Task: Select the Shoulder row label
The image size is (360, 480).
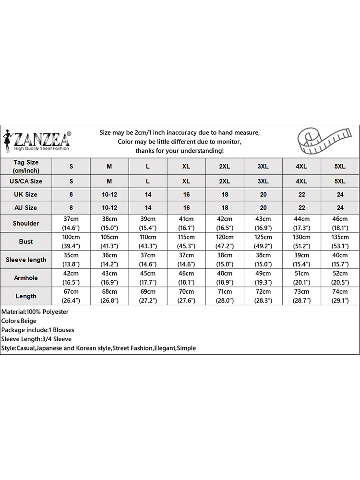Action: (x=26, y=223)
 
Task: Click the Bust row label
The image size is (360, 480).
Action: (x=26, y=241)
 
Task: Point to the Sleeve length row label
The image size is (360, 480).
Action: (x=26, y=260)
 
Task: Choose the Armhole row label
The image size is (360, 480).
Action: (x=26, y=278)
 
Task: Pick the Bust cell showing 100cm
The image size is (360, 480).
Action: (x=71, y=241)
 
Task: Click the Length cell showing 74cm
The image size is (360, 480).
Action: (x=340, y=296)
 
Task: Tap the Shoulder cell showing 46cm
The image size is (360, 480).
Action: (x=340, y=223)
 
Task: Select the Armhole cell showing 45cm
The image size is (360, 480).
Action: (x=148, y=278)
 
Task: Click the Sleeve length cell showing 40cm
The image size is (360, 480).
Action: (x=340, y=260)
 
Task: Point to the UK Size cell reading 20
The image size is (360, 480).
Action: (x=263, y=194)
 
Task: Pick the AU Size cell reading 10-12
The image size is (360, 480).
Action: (x=109, y=208)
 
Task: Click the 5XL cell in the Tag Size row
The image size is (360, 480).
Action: (x=340, y=167)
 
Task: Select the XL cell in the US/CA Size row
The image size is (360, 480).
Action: (x=186, y=181)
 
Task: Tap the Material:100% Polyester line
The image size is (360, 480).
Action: (x=35, y=312)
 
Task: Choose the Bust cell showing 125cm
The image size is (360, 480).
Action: (x=263, y=241)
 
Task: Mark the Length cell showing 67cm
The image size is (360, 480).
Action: (x=71, y=296)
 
